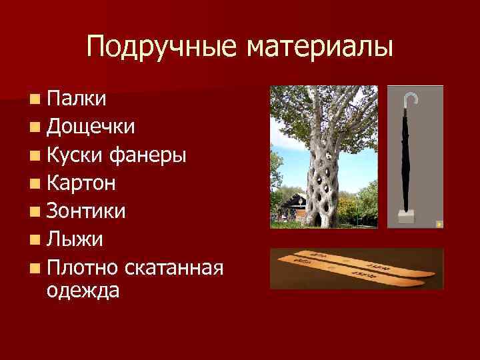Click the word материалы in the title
coord(319,47)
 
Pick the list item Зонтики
coord(86,211)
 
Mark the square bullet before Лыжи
coord(33,239)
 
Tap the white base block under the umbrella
coord(405,217)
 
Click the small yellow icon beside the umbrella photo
coord(438,224)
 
